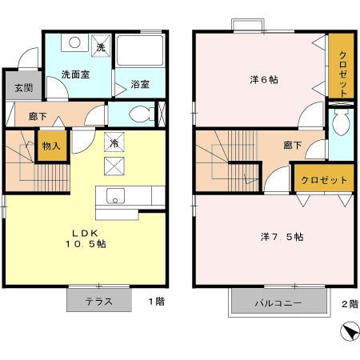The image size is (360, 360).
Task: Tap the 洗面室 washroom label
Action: point(75,74)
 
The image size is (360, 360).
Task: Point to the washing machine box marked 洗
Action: point(101,47)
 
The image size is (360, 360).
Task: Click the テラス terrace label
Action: point(98,302)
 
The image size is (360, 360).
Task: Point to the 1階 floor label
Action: point(155,302)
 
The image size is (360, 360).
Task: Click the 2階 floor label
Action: point(350,303)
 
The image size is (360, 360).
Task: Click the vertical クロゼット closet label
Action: point(342,74)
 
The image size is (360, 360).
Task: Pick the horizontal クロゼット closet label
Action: point(323,180)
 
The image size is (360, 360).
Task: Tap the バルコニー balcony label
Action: point(278,303)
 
